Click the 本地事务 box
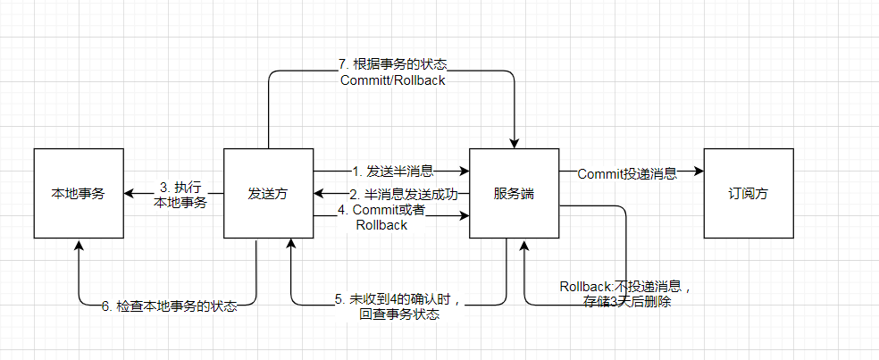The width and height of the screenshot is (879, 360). pyautogui.click(x=79, y=194)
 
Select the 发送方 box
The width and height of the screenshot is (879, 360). pyautogui.click(x=268, y=194)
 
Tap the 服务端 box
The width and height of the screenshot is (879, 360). pyautogui.click(x=514, y=194)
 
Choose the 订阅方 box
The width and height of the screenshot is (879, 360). pyautogui.click(x=749, y=194)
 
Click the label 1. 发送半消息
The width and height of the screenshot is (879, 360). pyautogui.click(x=393, y=171)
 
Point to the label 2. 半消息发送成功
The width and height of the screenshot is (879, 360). pyautogui.click(x=404, y=194)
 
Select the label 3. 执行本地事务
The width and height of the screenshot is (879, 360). pyautogui.click(x=180, y=195)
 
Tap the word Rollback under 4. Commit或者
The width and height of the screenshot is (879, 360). pyautogui.click(x=381, y=225)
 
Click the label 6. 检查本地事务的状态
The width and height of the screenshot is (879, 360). pyautogui.click(x=170, y=306)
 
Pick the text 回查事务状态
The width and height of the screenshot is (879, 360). pyautogui.click(x=399, y=314)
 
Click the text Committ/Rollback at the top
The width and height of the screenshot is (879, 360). pyautogui.click(x=393, y=80)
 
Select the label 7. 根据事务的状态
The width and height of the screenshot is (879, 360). pyautogui.click(x=393, y=64)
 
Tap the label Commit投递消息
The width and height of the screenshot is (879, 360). pyautogui.click(x=627, y=174)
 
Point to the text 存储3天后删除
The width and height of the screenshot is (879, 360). pyautogui.click(x=627, y=302)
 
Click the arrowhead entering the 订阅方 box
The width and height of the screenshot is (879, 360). pyautogui.click(x=699, y=171)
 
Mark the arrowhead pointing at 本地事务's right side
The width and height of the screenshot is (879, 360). pyautogui.click(x=130, y=194)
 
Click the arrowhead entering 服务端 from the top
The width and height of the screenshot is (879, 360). pyautogui.click(x=514, y=143)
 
